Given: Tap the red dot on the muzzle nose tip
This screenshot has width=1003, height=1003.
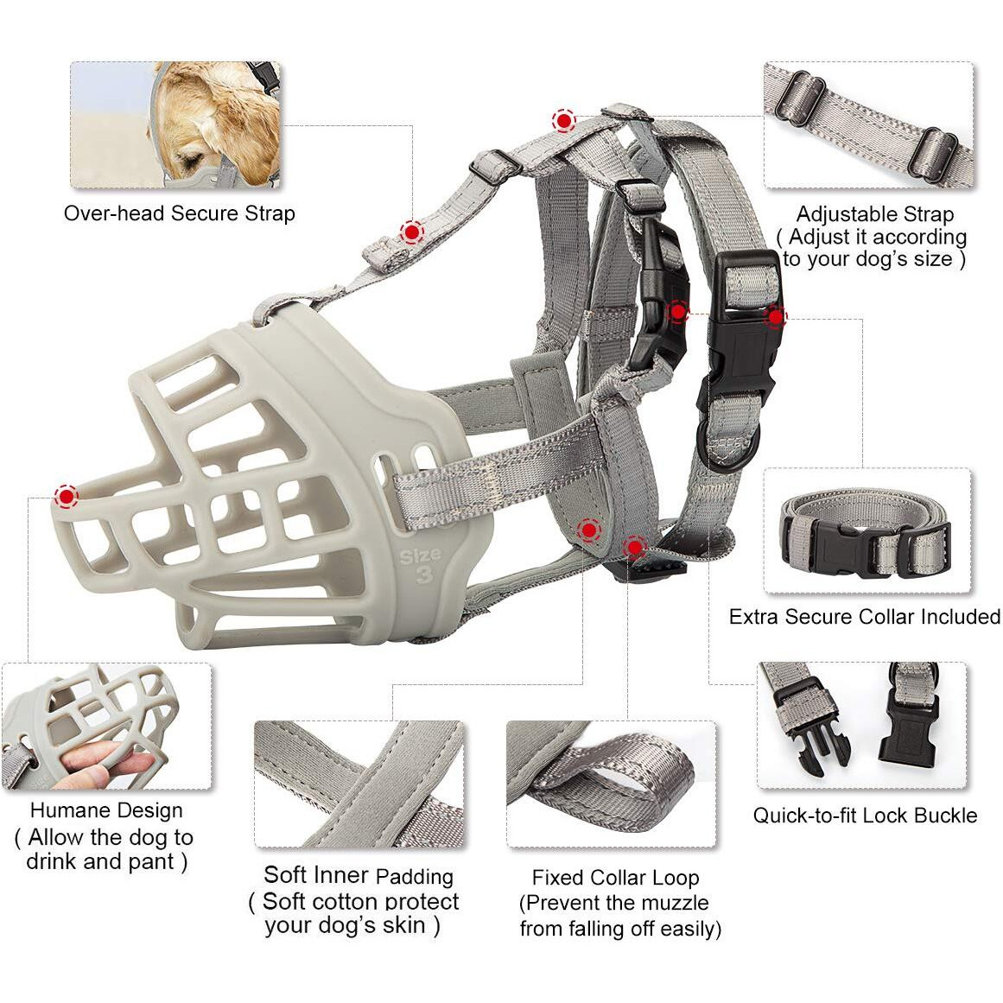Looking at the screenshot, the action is pyautogui.click(x=66, y=496).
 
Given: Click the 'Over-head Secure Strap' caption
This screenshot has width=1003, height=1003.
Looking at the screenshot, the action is pyautogui.click(x=179, y=213).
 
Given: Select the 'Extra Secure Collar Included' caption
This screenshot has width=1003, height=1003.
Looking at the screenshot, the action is pyautogui.click(x=865, y=617).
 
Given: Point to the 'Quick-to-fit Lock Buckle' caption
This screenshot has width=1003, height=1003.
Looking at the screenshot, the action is pyautogui.click(x=865, y=816).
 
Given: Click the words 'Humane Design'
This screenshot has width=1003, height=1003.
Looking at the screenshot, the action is pyautogui.click(x=106, y=810).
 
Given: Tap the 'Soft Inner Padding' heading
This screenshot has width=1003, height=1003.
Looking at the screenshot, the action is pyautogui.click(x=359, y=875).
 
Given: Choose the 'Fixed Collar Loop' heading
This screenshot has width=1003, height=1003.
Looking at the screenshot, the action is pyautogui.click(x=615, y=878).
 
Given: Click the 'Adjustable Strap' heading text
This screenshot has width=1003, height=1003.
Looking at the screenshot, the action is pyautogui.click(x=874, y=213).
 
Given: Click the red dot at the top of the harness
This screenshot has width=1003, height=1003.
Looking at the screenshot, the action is pyautogui.click(x=563, y=120).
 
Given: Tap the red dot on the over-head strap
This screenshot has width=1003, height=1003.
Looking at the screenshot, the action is pyautogui.click(x=412, y=232).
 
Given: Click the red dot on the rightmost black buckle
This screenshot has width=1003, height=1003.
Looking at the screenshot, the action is pyautogui.click(x=775, y=316).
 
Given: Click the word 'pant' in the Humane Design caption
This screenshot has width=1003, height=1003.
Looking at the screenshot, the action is pyautogui.click(x=151, y=861).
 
